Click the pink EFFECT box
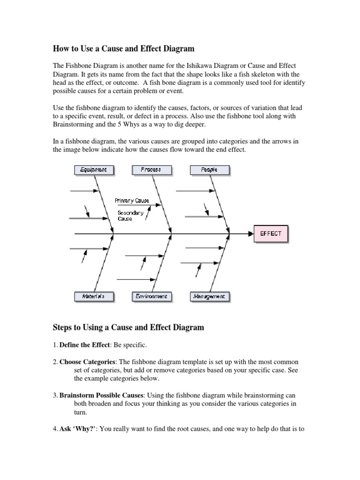[x=271, y=233]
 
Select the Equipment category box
[x=93, y=170]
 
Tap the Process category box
[x=151, y=170]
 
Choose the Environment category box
[x=151, y=296]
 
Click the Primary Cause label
[x=132, y=201]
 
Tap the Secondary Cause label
[x=130, y=216]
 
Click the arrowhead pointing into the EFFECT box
[x=250, y=233]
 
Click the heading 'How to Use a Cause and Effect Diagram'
[x=123, y=49]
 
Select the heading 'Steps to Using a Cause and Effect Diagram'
[x=128, y=328]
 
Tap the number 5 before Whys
[x=121, y=124]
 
